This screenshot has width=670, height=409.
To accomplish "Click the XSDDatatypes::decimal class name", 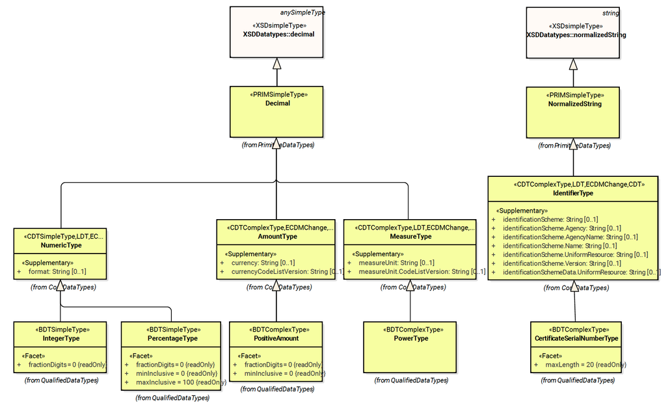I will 278,34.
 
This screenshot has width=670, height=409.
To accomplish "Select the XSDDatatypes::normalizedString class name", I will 576,34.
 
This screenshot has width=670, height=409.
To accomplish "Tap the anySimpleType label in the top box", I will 302,12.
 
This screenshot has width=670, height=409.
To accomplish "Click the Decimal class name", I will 278,103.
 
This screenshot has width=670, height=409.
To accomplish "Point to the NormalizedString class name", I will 574,103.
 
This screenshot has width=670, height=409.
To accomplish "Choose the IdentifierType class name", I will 573,193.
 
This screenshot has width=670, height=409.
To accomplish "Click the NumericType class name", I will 60,245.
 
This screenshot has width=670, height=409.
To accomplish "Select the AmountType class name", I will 276,237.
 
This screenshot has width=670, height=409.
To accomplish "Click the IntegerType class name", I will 60,338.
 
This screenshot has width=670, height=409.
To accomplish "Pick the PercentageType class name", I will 172,338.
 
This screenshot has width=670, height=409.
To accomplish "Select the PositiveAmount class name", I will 277,338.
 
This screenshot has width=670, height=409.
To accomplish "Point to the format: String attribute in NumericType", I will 57,271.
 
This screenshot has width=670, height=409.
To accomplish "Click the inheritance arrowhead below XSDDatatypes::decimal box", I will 277,64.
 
